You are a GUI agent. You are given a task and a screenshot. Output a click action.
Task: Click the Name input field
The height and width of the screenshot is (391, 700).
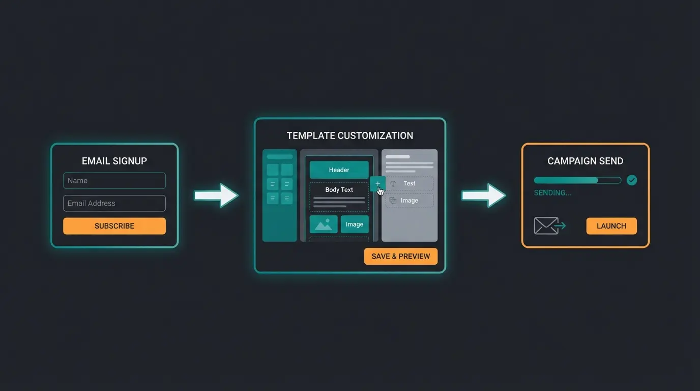point(114,181)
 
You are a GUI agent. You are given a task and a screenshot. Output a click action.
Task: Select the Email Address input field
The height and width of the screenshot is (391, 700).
point(114,203)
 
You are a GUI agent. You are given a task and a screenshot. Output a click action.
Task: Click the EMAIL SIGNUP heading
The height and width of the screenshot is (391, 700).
point(114,161)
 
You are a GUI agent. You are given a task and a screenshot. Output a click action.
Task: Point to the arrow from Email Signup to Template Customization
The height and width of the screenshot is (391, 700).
point(216,195)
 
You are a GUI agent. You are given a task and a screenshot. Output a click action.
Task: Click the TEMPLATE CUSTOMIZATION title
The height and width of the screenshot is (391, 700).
point(350,136)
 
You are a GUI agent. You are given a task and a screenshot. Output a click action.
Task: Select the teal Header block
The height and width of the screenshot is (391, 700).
point(339,170)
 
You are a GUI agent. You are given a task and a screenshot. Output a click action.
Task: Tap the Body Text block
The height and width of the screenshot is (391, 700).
point(339,197)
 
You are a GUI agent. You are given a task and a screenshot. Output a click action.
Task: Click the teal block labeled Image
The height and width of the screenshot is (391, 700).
point(355,225)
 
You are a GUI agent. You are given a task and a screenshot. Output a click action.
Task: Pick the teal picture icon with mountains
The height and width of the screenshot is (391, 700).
point(324,225)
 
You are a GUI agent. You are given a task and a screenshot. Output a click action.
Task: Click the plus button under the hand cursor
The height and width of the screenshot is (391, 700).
point(377,184)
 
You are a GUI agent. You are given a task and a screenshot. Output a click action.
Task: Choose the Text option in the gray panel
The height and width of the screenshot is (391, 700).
point(410,184)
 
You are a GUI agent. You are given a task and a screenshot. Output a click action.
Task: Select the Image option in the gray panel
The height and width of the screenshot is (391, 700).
point(410,201)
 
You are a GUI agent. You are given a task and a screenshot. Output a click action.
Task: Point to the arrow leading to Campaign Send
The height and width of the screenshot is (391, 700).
point(484,195)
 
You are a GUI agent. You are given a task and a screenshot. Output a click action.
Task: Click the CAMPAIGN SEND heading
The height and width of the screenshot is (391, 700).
point(585,161)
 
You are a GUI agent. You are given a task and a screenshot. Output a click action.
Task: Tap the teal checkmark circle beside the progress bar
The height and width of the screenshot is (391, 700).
point(632,180)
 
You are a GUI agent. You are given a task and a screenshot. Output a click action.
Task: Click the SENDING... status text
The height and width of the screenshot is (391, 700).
point(552,193)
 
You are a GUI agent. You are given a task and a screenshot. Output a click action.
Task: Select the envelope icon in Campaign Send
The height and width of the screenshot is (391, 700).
point(546,226)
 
